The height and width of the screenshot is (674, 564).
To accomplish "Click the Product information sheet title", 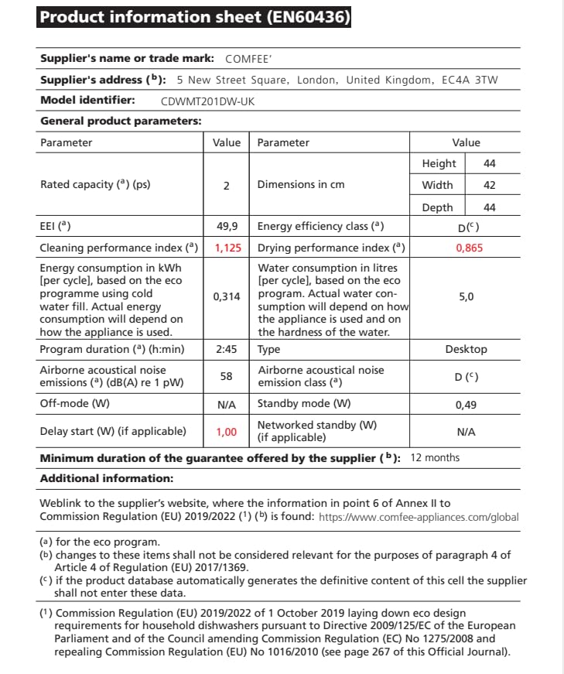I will pos(194,17).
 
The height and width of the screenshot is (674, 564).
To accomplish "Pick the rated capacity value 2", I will pos(226,186).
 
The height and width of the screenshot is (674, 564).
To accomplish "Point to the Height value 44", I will pos(489,164).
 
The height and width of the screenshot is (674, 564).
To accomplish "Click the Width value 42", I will pos(489,186).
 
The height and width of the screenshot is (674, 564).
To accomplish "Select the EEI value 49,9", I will pos(227,227).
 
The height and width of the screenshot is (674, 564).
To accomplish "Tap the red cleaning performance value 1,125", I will pos(227,248).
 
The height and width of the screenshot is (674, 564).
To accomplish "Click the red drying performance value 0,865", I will pos(467,248).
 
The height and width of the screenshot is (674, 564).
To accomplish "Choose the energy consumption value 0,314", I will pos(227,296).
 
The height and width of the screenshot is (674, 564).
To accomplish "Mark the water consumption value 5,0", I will pos(467,296).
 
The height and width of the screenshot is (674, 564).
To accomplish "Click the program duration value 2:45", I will pos(227,349).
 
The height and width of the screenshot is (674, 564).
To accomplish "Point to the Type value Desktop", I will pos(467,349).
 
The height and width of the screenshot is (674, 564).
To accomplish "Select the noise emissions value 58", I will pos(227,376).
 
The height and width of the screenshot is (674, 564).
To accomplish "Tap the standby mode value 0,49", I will pos(467,404).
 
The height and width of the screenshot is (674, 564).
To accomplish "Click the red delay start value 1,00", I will pos(227,432).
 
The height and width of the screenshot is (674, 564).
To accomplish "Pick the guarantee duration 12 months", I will pos(435,457).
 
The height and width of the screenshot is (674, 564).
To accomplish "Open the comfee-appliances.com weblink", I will pos(419,517).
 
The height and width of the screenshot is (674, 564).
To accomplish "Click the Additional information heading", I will pos(107,478).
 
